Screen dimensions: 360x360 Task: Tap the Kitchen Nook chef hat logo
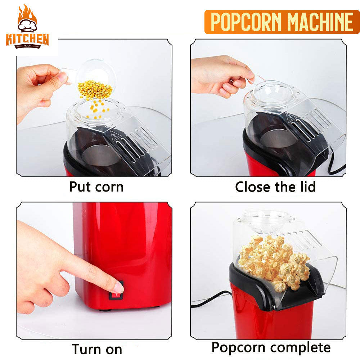point(27,26)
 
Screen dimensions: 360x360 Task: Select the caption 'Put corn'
point(96,187)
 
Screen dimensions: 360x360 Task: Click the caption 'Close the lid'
point(275,187)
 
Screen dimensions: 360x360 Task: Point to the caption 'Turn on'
point(97,349)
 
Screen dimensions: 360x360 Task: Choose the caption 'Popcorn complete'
point(271,347)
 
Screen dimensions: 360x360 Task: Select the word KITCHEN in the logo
point(27,39)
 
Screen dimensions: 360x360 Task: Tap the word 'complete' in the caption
point(301,348)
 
